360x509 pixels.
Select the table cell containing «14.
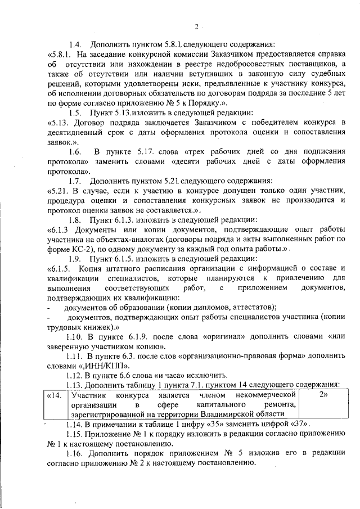coord(55,395)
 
